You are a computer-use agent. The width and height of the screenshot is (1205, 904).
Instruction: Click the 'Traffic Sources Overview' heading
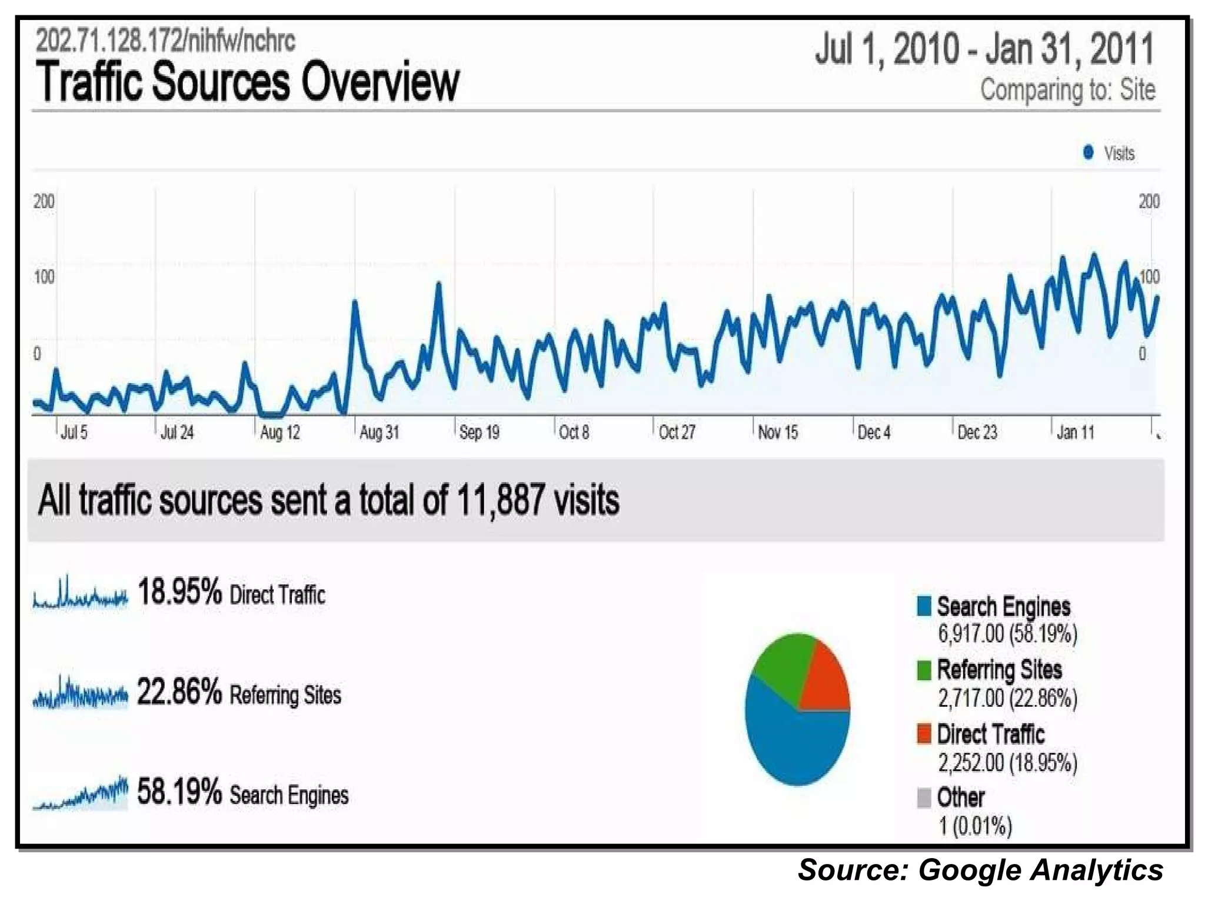point(247,82)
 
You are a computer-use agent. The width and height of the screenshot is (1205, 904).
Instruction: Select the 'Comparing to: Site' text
point(1067,90)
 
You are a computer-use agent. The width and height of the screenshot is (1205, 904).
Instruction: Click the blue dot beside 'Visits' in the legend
point(1088,152)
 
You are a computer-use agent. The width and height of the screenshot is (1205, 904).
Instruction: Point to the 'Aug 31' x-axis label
point(380,433)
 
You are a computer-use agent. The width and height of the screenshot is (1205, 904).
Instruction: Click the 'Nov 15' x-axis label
point(778,433)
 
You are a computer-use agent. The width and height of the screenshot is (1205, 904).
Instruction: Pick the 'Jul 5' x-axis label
point(74,433)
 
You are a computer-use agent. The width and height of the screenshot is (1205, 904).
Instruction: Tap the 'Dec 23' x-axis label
point(977,433)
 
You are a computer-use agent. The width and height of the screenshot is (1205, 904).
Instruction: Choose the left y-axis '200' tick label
point(44,201)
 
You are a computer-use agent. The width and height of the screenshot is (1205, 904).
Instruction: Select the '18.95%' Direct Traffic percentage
point(179,591)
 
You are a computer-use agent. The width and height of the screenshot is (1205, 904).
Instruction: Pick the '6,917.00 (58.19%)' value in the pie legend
point(1007,634)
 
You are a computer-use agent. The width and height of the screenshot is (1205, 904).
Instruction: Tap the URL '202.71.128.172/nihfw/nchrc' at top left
point(165,41)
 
